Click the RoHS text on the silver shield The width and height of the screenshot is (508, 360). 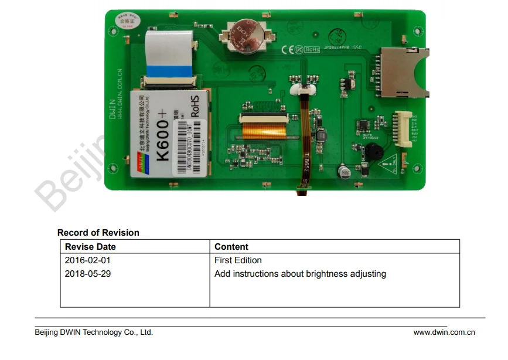coord(195,106)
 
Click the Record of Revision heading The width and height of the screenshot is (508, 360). coord(98,233)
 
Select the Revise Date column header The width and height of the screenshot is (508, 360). coord(90,247)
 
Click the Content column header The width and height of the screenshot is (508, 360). coord(231,247)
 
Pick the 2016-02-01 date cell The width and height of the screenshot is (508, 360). coord(87,260)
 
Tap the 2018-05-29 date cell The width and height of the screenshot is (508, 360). coord(87,274)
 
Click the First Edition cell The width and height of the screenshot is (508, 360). coord(238,260)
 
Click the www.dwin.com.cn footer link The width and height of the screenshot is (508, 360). coord(444,332)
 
